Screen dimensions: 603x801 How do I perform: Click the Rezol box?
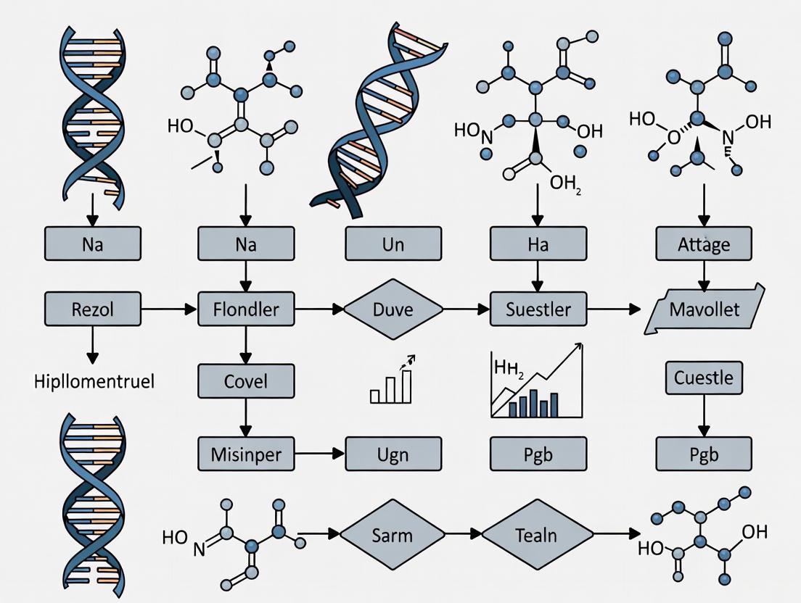click(x=93, y=309)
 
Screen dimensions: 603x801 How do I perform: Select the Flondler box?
click(x=246, y=309)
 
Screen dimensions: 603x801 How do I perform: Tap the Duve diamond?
click(x=393, y=309)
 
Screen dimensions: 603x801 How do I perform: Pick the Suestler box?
click(x=538, y=309)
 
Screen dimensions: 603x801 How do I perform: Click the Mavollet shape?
click(x=705, y=309)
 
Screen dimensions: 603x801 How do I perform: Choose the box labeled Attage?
click(x=703, y=244)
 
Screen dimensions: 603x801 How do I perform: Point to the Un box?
click(x=393, y=244)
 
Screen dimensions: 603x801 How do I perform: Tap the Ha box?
click(x=538, y=244)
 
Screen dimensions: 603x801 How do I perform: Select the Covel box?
click(x=246, y=380)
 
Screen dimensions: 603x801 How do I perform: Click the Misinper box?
click(x=246, y=454)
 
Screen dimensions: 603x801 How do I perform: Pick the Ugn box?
click(x=393, y=454)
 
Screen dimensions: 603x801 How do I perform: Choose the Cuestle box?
click(x=703, y=378)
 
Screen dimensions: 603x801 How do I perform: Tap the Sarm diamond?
click(x=392, y=536)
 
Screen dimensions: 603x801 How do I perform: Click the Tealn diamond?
click(x=535, y=536)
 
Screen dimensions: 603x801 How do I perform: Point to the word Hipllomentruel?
click(x=94, y=381)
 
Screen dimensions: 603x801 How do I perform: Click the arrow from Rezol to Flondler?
click(x=169, y=309)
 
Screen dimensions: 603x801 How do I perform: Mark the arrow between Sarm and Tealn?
click(x=463, y=536)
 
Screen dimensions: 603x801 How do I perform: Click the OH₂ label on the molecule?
click(x=567, y=182)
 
